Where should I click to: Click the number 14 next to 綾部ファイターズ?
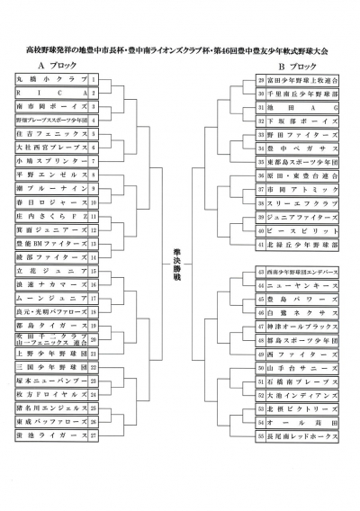(x=93, y=257)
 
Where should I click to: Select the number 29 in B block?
(x=260, y=80)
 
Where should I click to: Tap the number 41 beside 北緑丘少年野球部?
(x=260, y=244)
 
